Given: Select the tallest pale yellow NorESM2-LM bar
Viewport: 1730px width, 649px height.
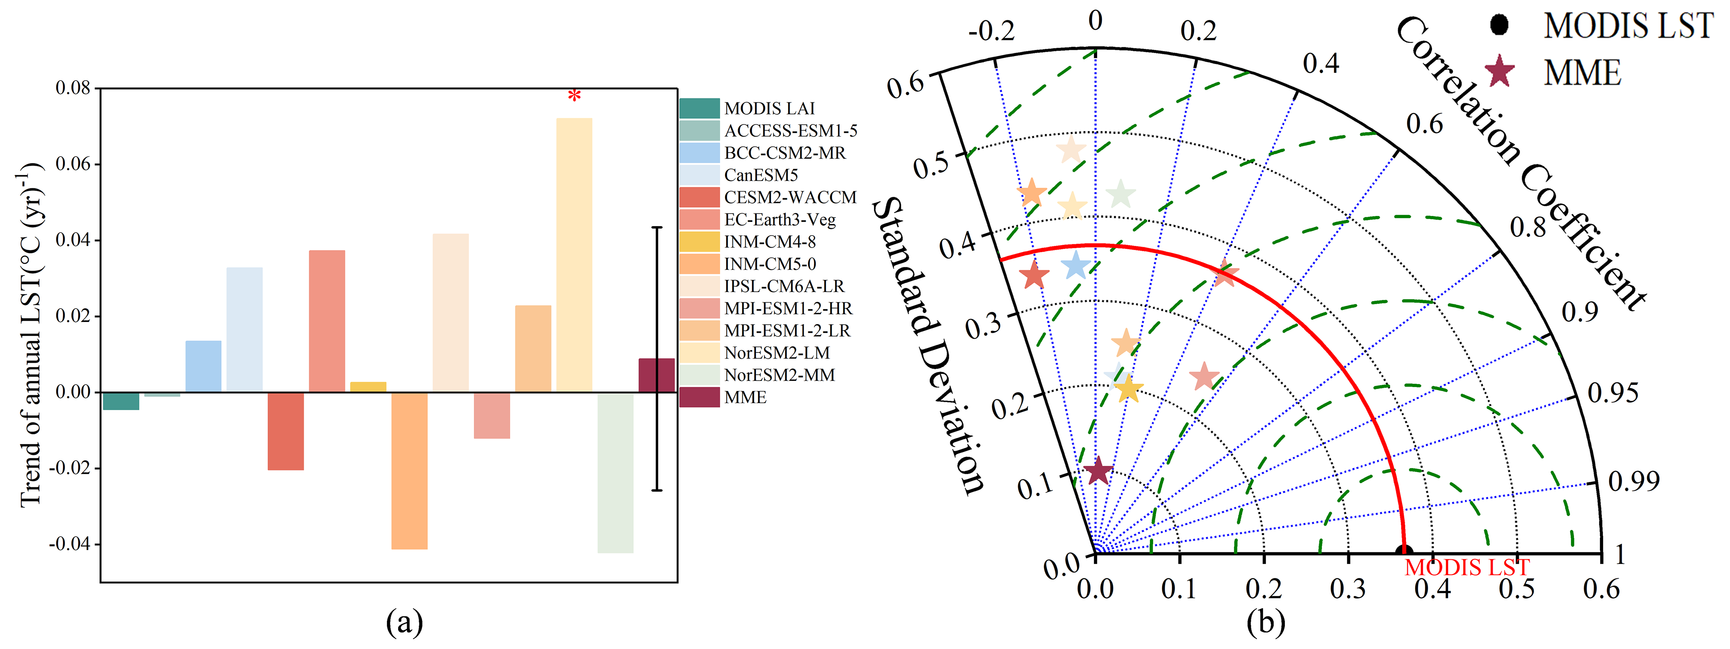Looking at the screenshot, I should tap(574, 255).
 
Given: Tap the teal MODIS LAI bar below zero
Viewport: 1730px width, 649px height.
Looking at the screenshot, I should tap(121, 401).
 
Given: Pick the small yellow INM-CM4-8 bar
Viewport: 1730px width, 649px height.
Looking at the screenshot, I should tap(368, 387).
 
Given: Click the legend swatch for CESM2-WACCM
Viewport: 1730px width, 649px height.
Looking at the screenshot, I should tap(699, 197).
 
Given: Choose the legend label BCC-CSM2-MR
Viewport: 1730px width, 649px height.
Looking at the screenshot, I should tap(784, 153).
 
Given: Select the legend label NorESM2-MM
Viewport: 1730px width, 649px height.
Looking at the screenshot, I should tap(779, 375).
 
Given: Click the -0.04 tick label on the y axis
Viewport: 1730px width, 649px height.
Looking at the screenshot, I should tap(70, 544).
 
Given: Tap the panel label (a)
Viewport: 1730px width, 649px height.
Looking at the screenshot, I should tap(404, 622).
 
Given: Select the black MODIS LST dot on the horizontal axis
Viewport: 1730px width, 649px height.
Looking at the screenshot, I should tap(1404, 552).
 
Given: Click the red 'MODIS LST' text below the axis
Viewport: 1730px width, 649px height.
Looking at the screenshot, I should tap(1467, 568).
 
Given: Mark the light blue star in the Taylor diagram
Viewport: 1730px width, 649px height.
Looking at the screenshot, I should tap(1076, 265).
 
